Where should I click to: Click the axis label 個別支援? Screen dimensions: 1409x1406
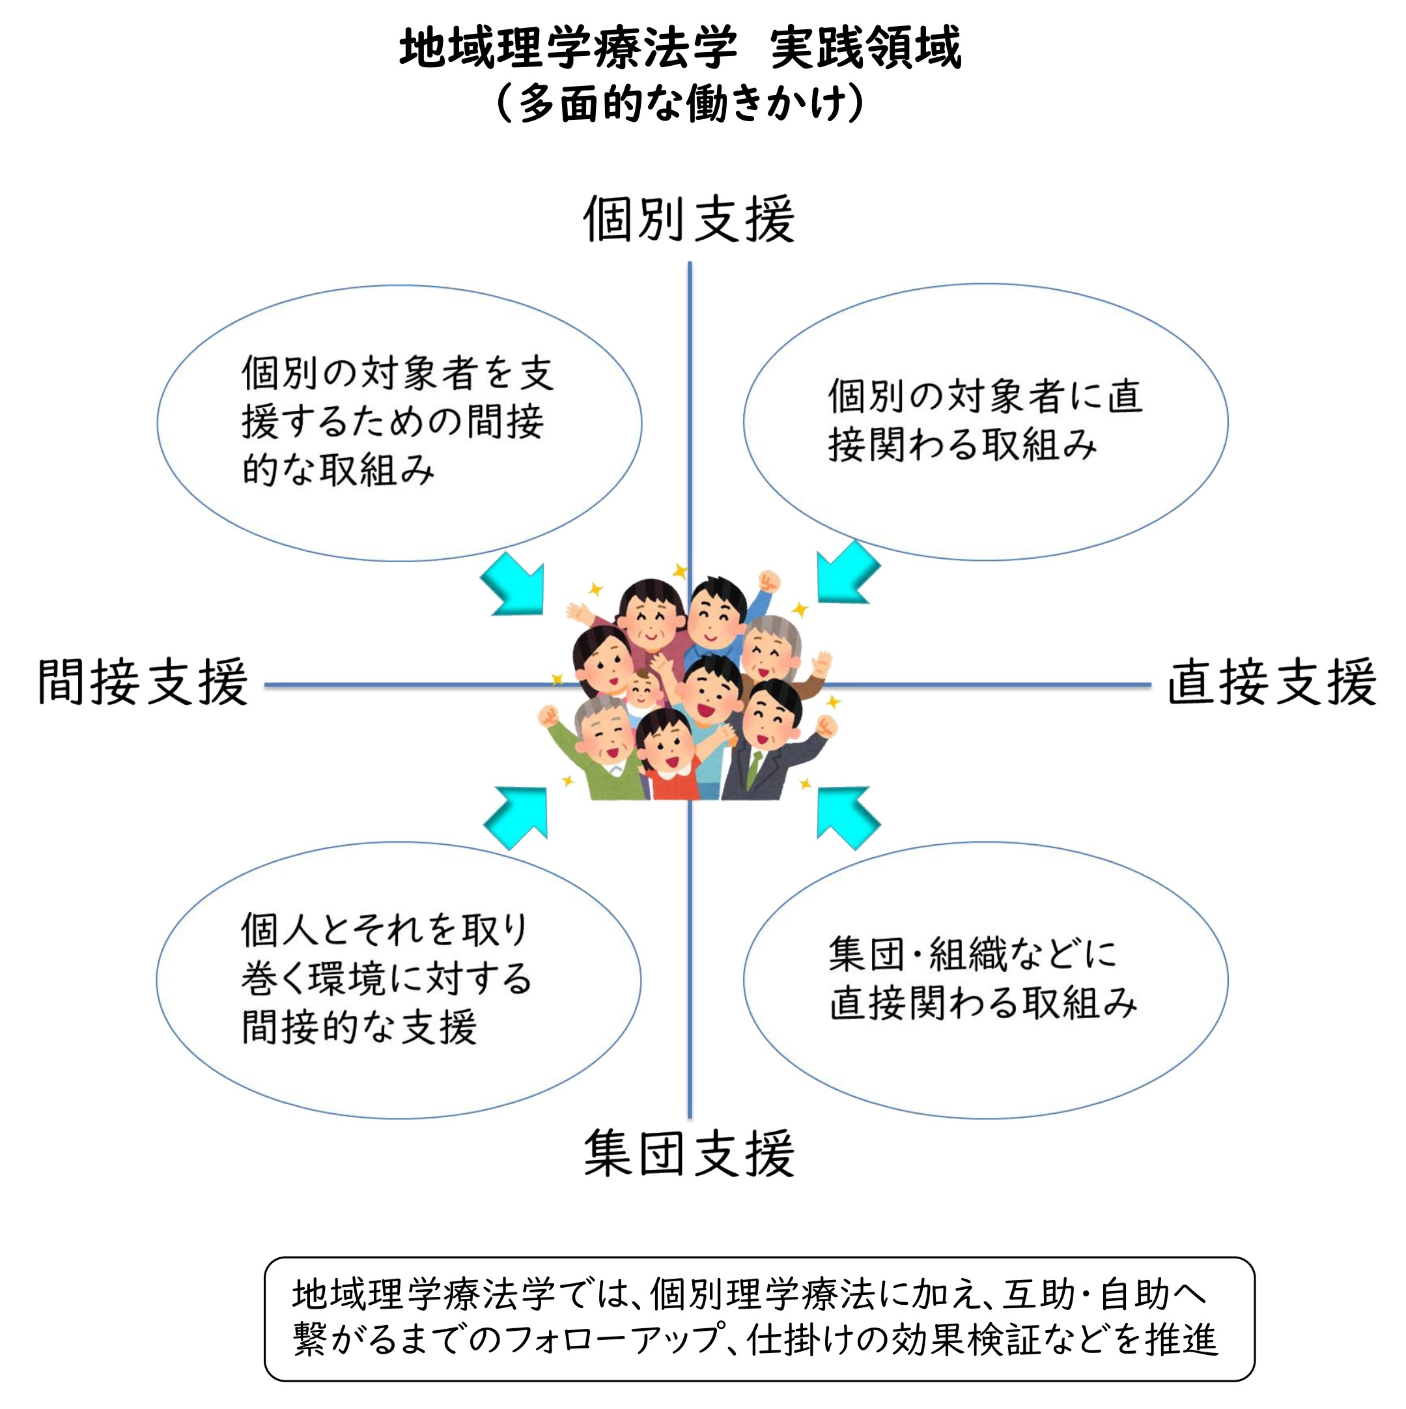(688, 219)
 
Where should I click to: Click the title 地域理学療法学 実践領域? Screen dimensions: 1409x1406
(680, 48)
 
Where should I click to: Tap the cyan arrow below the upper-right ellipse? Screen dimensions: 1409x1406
(846, 573)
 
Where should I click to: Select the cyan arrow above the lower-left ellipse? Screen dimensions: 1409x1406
(518, 817)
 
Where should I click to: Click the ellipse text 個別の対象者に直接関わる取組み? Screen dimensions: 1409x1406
(985, 420)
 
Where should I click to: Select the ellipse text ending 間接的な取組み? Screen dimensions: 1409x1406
(397, 421)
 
